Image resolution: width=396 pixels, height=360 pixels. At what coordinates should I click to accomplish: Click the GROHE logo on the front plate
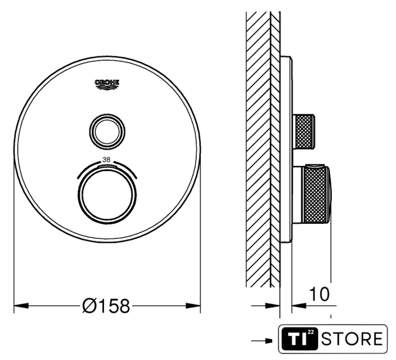coord(107,84)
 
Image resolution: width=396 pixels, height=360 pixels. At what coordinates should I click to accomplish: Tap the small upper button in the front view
coord(107,131)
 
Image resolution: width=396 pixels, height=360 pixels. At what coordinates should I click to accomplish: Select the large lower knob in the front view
coord(107,195)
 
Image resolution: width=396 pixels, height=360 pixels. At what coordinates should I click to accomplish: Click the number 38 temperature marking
coord(106,160)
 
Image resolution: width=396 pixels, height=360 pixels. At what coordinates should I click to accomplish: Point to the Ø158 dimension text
coord(106,306)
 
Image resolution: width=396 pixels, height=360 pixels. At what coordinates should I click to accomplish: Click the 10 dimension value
coord(319,294)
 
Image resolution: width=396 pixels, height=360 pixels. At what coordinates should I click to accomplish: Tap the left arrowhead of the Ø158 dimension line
coord(21,305)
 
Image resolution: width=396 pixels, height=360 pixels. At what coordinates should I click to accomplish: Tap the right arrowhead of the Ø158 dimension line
coord(193,305)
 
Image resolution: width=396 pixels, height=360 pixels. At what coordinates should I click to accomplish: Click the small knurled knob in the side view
coord(304,131)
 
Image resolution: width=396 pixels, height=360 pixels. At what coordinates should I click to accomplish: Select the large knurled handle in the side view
coord(316,195)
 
